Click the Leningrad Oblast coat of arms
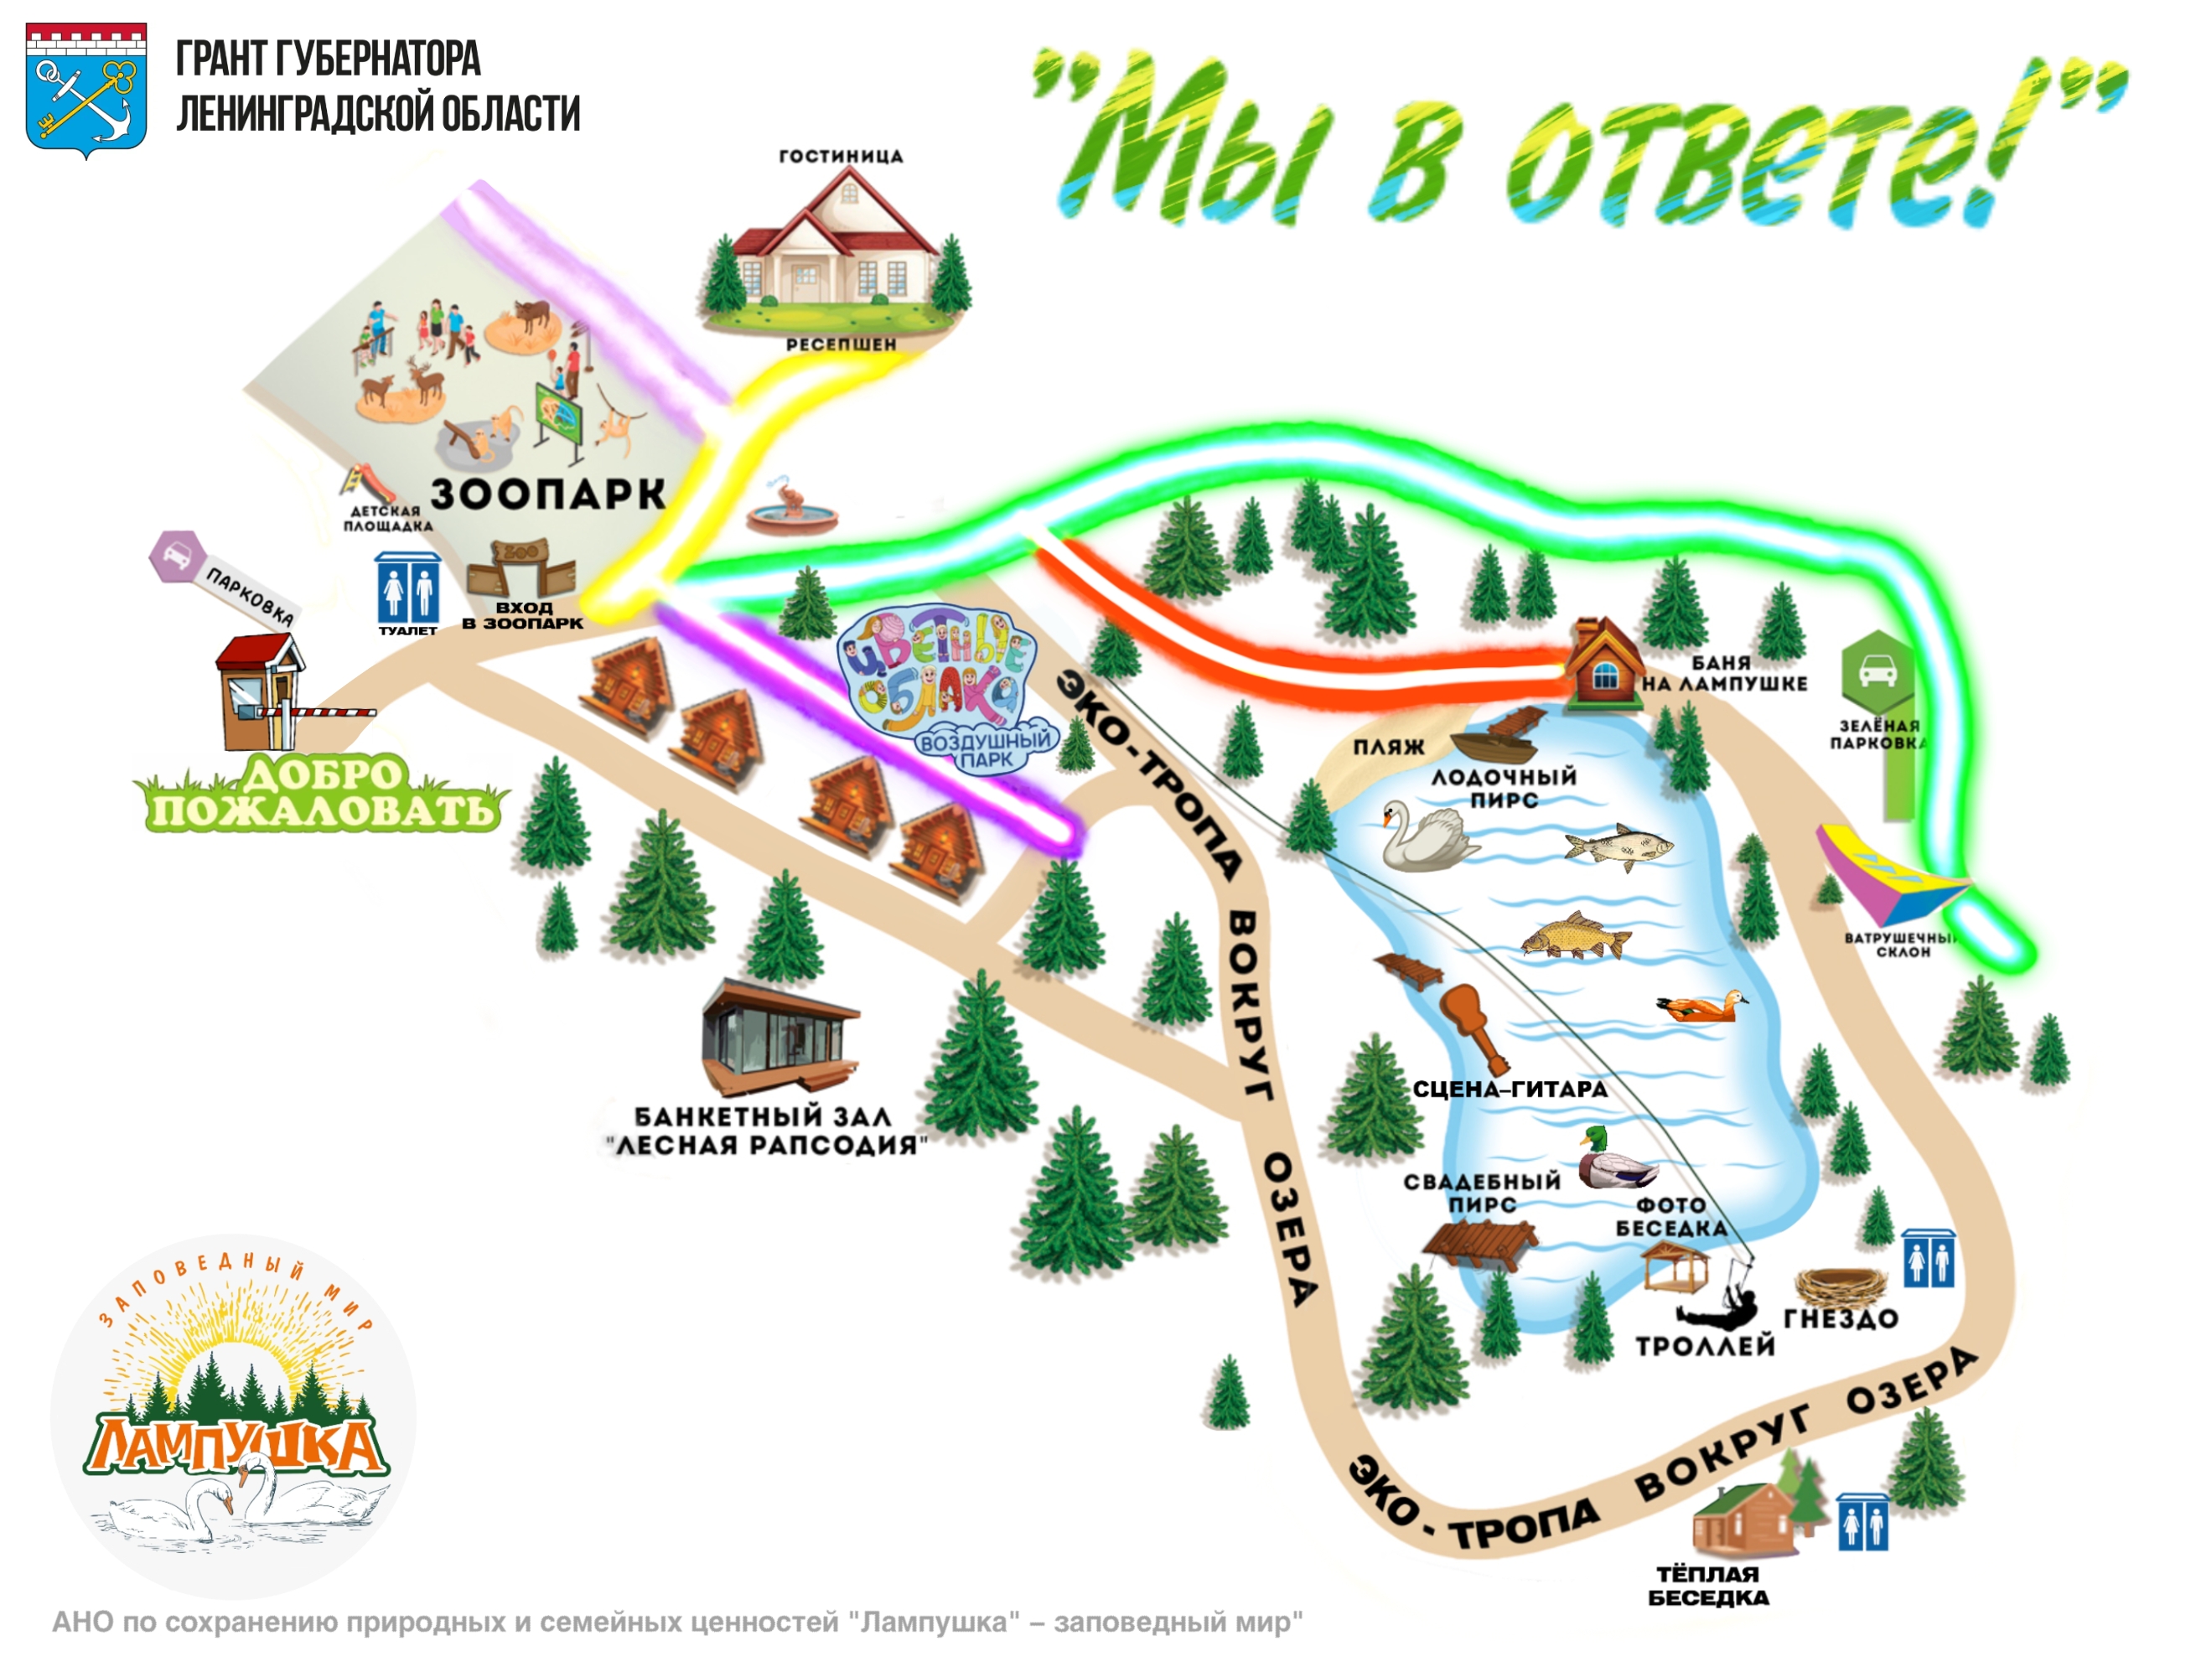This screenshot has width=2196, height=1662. click(x=86, y=90)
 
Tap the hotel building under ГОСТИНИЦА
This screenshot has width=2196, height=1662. click(x=839, y=248)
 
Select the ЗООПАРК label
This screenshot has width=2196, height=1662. click(x=547, y=494)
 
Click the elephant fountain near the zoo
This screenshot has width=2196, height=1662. click(x=793, y=509)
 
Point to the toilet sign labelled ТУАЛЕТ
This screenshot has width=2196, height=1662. click(x=407, y=588)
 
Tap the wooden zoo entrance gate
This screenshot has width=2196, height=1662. click(x=521, y=569)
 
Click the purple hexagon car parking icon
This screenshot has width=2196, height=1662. click(x=177, y=556)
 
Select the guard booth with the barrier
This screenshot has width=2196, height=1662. click(x=260, y=693)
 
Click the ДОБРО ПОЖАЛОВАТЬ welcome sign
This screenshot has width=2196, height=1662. click(x=323, y=795)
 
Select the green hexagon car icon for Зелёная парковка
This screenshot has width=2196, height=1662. click(x=1877, y=671)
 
